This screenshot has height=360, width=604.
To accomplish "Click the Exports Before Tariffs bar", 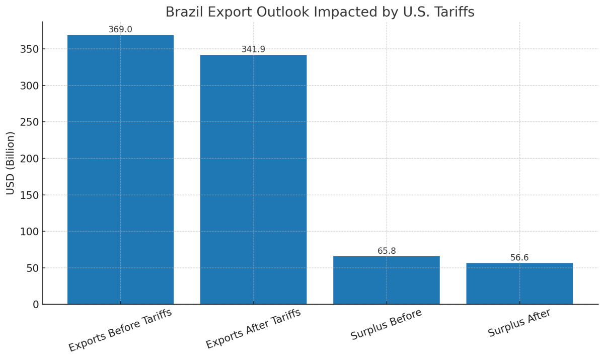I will [120, 169].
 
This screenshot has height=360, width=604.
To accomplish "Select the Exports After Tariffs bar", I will [253, 179].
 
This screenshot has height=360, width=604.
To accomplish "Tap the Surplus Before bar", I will [386, 280].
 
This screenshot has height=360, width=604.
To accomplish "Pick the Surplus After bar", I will [519, 283].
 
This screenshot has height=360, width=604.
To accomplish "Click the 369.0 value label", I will [120, 30].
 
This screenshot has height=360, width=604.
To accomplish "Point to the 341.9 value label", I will [253, 49].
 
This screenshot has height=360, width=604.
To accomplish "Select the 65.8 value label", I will [387, 251].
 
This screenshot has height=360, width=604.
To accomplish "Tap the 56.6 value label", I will [519, 258].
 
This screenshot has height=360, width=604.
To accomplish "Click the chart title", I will [320, 12].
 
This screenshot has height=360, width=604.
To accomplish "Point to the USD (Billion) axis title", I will [11, 163].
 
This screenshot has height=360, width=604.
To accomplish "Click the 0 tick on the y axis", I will [35, 305].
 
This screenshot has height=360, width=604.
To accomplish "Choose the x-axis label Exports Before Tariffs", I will [120, 330].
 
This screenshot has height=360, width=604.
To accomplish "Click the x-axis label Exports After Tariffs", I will [253, 328].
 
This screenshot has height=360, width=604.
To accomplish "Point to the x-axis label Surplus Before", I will [386, 324].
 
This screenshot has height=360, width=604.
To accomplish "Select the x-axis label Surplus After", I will [519, 323].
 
